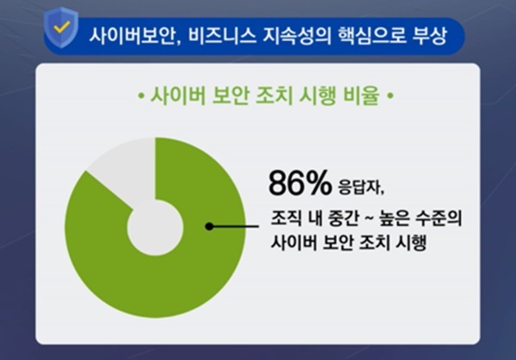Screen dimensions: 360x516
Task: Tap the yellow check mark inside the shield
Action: tap(61, 28)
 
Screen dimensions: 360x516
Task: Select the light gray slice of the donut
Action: tap(120, 176)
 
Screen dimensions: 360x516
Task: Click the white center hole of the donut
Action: tap(154, 227)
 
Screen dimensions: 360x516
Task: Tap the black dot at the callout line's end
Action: tap(208, 227)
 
